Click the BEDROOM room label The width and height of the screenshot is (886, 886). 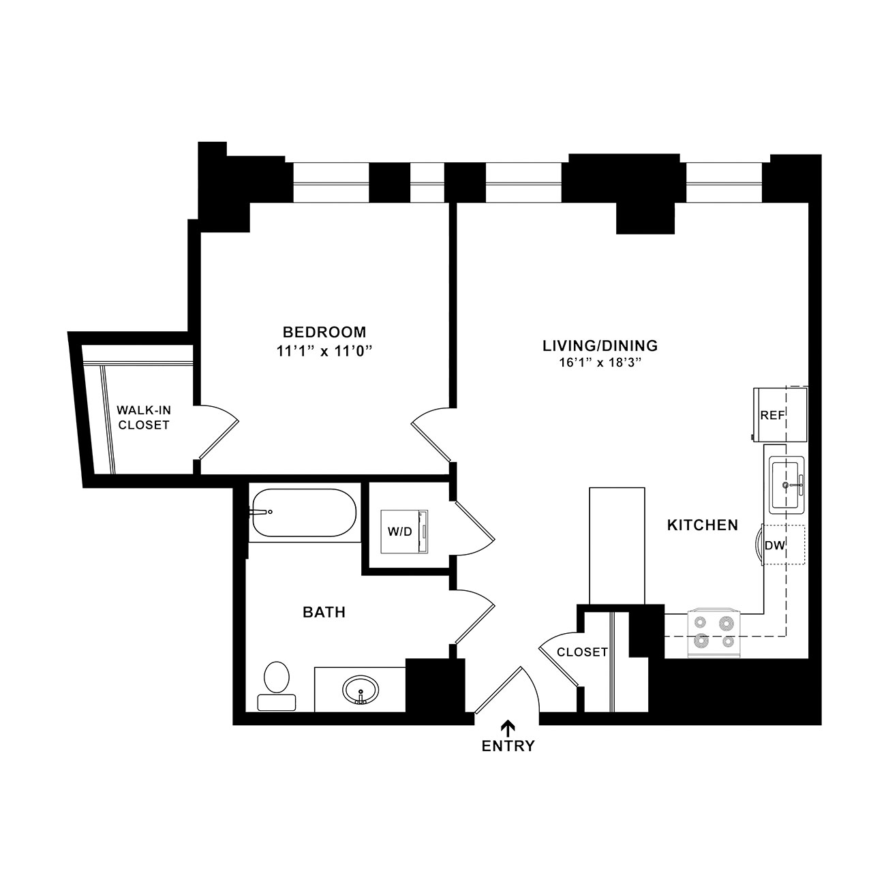click(x=324, y=332)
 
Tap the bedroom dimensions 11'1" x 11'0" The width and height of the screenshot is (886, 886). click(x=324, y=352)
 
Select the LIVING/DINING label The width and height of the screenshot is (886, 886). click(x=600, y=346)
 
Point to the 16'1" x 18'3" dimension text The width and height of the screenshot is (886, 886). click(x=600, y=363)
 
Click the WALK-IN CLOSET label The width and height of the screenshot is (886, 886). click(x=144, y=418)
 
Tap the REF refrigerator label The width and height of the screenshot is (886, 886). click(x=772, y=416)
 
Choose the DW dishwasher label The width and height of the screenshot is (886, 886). click(x=775, y=546)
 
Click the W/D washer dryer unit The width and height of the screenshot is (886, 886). click(x=404, y=532)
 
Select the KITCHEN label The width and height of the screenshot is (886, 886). click(x=703, y=525)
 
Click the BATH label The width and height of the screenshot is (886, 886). click(x=324, y=613)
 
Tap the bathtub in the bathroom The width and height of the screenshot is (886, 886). click(x=304, y=513)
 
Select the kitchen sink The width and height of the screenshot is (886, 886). click(x=786, y=485)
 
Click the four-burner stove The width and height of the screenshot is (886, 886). click(x=714, y=633)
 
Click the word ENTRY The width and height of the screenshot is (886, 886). click(x=508, y=746)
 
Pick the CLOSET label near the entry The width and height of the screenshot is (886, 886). click(x=582, y=652)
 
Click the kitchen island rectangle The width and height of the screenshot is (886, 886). click(x=617, y=546)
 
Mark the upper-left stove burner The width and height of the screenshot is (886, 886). click(x=700, y=622)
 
